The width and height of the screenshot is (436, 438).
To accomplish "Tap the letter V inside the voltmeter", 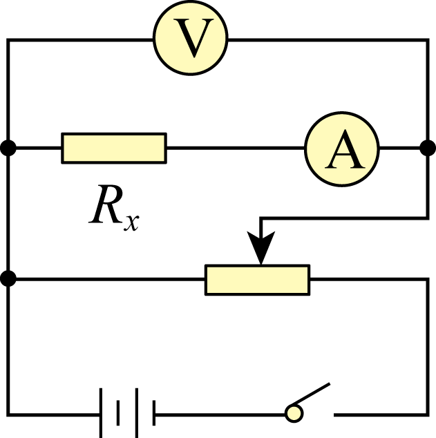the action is [193, 38].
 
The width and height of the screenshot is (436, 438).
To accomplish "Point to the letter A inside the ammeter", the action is [345, 149].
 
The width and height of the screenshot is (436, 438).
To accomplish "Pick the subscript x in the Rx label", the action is [131, 222].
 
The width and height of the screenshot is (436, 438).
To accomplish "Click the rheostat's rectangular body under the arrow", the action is [258, 280].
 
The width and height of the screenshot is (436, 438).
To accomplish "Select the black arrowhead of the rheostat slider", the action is [261, 247].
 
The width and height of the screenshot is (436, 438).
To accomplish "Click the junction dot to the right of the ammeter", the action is [428, 148].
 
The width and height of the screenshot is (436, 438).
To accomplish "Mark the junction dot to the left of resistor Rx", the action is [8, 148].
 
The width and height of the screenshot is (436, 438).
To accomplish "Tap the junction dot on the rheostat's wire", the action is [8, 278].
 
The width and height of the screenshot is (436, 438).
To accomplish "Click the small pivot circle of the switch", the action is [294, 414].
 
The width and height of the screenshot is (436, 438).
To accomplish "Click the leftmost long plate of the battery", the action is [101, 413].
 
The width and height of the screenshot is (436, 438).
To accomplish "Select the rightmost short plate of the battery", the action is [154, 413].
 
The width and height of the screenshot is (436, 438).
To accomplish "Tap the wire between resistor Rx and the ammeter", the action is [236, 148].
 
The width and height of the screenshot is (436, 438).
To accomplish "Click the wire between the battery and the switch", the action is [220, 415].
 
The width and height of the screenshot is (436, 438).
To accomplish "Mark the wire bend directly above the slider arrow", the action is [261, 218].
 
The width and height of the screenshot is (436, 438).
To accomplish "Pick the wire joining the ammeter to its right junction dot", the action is [399, 148].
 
